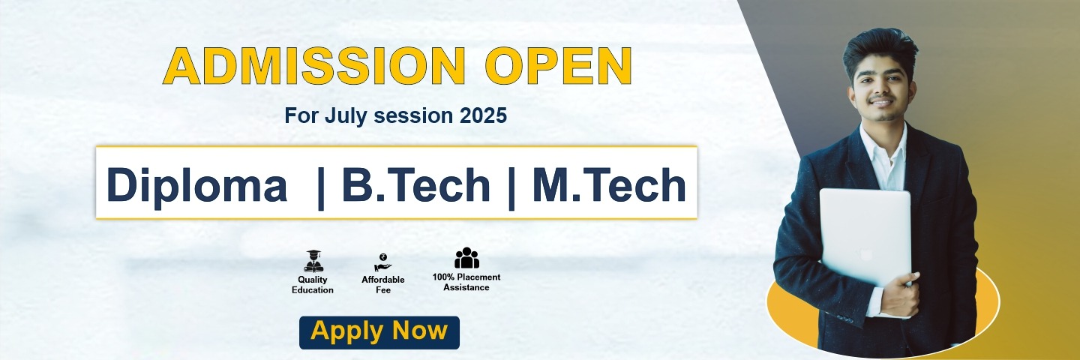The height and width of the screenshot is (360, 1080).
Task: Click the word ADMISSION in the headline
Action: coord(314,65)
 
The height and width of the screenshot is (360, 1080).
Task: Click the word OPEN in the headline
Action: coord(558,65)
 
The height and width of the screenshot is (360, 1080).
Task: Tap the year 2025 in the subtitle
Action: coord(483,115)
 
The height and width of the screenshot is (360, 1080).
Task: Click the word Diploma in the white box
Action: coord(196,186)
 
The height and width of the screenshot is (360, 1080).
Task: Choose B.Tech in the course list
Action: coord(416,185)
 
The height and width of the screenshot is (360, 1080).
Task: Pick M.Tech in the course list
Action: coord(608,185)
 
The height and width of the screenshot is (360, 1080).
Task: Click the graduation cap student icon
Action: coord(313,261)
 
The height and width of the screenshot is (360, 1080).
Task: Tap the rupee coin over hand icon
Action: coord(382,262)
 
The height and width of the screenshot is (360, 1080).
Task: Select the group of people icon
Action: coord(466,258)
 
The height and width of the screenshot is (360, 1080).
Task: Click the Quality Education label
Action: coord(313,285)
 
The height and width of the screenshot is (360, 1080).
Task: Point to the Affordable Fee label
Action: coord(382,285)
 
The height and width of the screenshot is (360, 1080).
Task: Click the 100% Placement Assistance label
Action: coord(466,283)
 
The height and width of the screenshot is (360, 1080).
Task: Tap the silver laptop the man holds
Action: coord(865,237)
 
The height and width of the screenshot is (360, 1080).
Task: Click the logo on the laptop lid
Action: coord(866,254)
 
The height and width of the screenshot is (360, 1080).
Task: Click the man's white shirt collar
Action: coord(883,145)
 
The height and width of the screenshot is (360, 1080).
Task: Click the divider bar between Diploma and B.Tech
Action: coord(321,188)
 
